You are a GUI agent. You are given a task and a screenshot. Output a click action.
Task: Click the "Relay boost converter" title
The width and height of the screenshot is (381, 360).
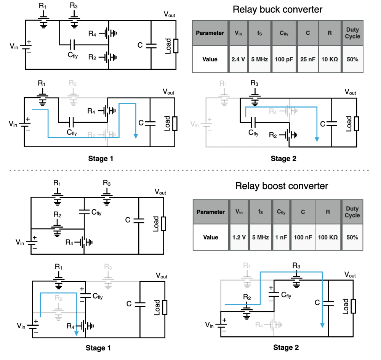click(282, 186)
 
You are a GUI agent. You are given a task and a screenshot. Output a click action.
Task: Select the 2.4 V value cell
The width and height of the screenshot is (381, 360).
click(237, 59)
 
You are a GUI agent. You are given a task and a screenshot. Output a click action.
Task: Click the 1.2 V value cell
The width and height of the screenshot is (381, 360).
click(240, 237)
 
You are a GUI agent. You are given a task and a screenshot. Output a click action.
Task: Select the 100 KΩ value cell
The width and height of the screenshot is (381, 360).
click(328, 237)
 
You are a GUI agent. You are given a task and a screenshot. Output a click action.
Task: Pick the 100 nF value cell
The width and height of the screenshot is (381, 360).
click(303, 237)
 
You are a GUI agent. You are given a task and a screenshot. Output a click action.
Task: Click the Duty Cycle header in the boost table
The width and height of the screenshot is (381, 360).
click(352, 212)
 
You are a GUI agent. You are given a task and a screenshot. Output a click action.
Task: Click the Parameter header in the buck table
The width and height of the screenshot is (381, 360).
click(210, 33)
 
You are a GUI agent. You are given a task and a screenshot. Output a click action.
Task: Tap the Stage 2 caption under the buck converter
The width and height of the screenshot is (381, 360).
click(283, 158)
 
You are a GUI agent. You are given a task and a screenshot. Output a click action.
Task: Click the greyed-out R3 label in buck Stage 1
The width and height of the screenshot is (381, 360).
click(73, 83)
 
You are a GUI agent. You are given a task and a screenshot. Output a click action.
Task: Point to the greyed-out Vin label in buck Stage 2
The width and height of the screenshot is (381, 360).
click(194, 124)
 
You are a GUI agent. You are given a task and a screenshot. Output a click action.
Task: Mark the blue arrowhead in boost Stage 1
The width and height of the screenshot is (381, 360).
click(76, 333)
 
